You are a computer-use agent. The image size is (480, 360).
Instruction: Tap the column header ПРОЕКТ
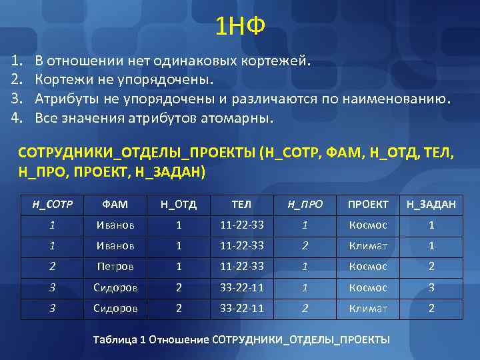(x=367, y=204)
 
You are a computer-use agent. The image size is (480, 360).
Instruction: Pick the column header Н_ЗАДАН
(x=431, y=204)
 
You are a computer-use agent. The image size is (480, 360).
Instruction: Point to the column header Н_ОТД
(x=178, y=204)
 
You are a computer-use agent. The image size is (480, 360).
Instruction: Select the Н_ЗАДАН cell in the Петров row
(x=431, y=266)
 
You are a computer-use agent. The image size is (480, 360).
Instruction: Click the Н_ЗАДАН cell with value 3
(x=431, y=287)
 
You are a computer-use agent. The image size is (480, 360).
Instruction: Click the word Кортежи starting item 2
(x=62, y=81)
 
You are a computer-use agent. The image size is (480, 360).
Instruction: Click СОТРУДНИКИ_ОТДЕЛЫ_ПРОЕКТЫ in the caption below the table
(x=301, y=339)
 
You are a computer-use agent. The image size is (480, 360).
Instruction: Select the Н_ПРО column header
(x=305, y=204)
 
